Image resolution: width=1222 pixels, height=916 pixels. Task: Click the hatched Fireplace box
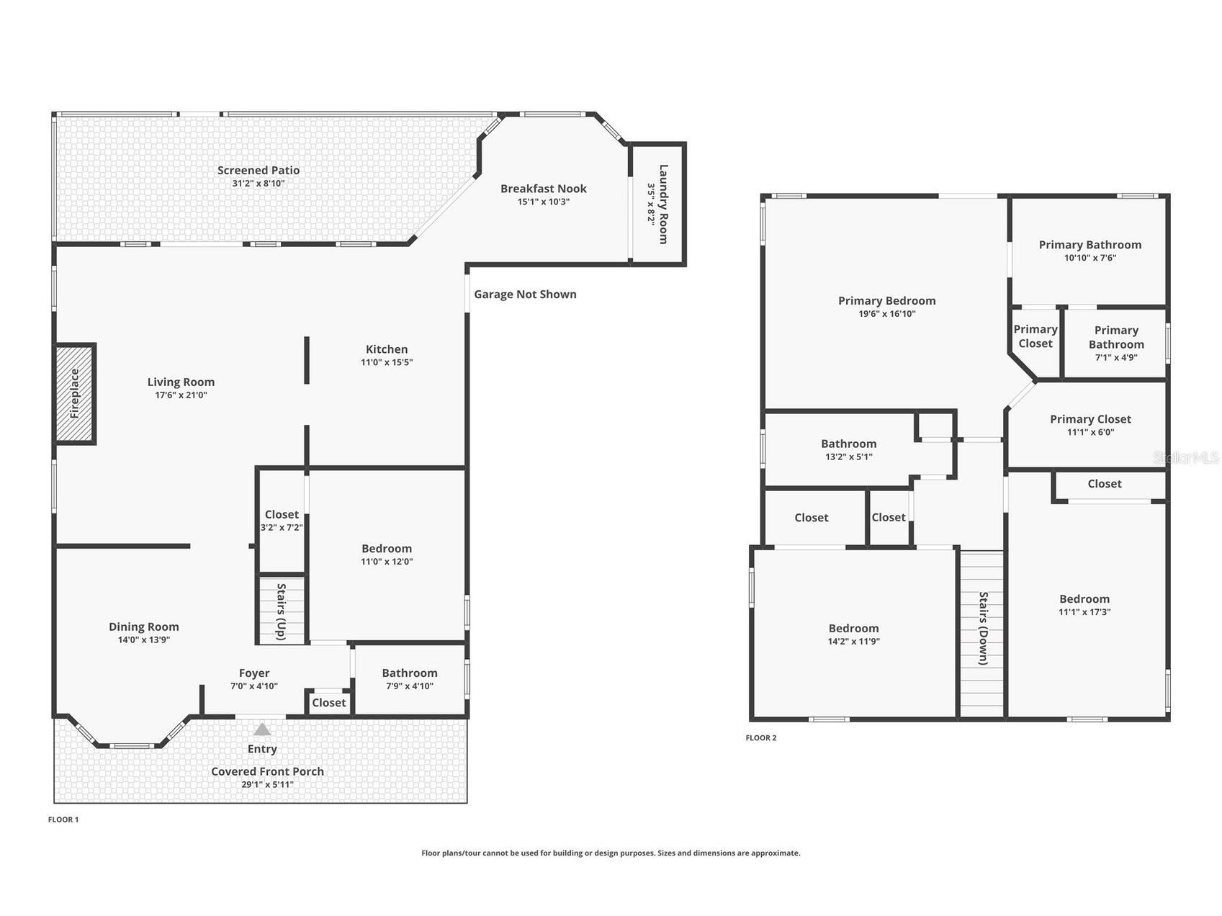click(75, 393)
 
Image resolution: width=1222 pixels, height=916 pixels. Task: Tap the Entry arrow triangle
click(262, 729)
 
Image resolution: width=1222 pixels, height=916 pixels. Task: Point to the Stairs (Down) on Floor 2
click(982, 634)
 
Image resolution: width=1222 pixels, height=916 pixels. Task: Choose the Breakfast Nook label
click(544, 189)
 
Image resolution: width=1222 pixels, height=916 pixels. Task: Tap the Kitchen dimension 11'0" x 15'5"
click(387, 362)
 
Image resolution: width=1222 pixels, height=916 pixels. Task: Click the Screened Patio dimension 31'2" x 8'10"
click(259, 184)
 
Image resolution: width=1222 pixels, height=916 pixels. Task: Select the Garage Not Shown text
click(525, 294)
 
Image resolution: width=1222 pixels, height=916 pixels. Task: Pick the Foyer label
click(254, 673)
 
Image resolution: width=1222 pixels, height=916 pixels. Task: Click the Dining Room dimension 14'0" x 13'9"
click(144, 639)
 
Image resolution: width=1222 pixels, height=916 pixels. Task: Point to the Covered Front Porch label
click(267, 771)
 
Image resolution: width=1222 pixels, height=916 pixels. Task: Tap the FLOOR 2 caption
click(761, 737)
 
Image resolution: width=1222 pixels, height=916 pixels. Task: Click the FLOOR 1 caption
click(63, 820)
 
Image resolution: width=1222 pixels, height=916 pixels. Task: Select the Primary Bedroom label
click(887, 301)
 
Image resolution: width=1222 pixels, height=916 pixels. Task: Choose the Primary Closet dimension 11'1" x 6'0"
click(1091, 432)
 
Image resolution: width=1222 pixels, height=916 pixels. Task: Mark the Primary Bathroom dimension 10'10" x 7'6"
click(1090, 258)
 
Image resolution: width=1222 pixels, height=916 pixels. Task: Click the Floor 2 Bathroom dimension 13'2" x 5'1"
click(849, 457)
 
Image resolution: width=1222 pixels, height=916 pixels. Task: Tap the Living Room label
click(181, 382)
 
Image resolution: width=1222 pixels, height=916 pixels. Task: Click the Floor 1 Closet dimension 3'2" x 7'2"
click(282, 527)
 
